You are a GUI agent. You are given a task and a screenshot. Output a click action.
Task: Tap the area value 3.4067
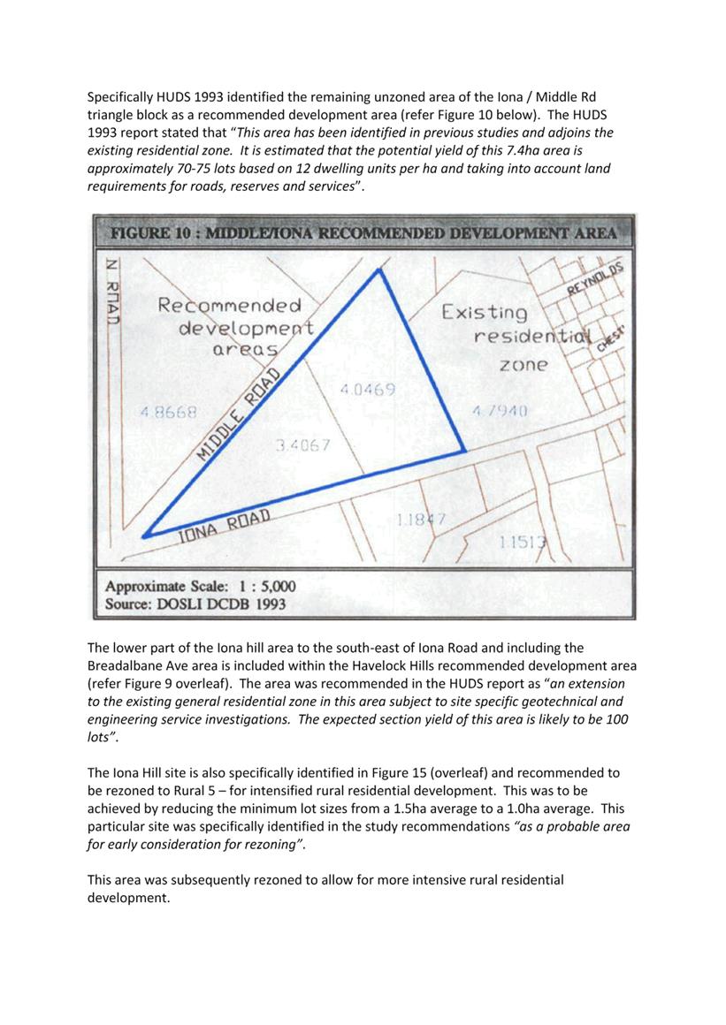pyautogui.click(x=302, y=445)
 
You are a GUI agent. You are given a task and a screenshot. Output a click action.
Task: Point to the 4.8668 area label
pyautogui.click(x=168, y=412)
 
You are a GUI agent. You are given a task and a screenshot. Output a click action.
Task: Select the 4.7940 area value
pyautogui.click(x=500, y=411)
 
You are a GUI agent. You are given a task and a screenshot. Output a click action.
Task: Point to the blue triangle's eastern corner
pyautogui.click(x=464, y=452)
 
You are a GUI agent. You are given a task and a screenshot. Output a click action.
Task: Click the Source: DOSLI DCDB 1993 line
pyautogui.click(x=195, y=605)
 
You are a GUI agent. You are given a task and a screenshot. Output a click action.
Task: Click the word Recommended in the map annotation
pyautogui.click(x=229, y=306)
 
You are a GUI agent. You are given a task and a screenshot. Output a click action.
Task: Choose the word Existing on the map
pyautogui.click(x=484, y=312)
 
